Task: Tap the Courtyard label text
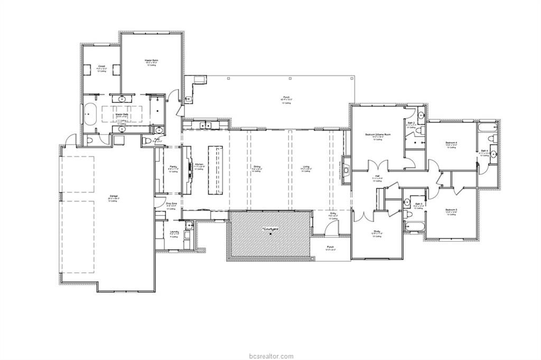(x=270, y=229)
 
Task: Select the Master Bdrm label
(x=152, y=61)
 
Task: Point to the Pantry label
(x=173, y=166)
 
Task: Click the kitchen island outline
(x=216, y=169)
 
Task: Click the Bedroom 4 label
(x=451, y=143)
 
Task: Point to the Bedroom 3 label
(x=451, y=210)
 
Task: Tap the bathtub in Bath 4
(x=486, y=128)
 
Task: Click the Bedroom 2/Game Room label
(x=377, y=135)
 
